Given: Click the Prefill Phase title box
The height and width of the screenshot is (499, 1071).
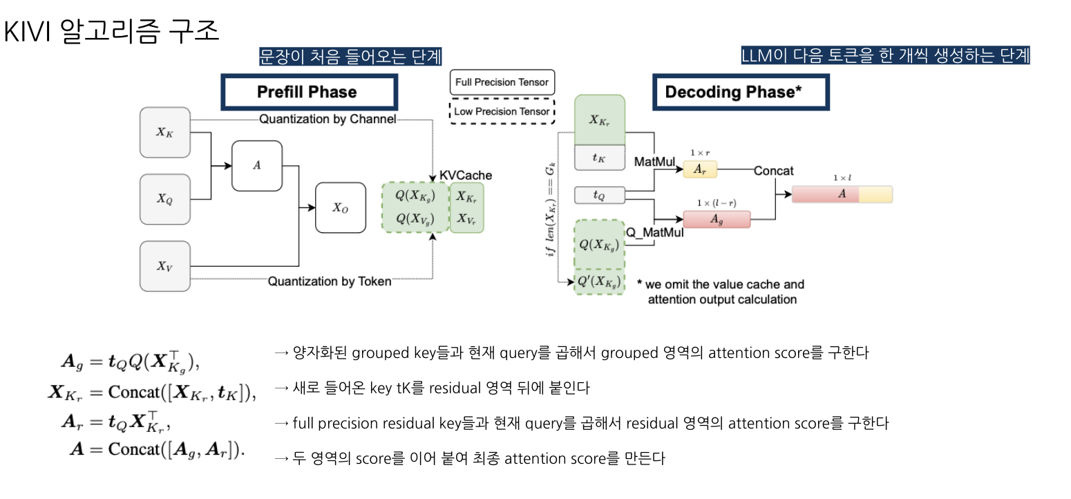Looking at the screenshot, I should click(308, 92).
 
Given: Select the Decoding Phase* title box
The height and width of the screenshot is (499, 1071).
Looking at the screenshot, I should click(741, 92).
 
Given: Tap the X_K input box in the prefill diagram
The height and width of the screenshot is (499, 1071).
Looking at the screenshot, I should click(164, 132).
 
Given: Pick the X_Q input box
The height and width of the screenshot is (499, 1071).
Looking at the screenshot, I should click(164, 199).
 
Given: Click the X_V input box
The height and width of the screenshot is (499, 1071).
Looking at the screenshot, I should click(164, 266).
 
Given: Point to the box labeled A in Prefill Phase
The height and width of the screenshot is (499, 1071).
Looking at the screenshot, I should click(257, 166).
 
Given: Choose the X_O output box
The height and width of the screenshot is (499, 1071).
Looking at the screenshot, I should click(341, 207).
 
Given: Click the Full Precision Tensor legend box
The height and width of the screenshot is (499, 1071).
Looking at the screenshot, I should click(502, 82).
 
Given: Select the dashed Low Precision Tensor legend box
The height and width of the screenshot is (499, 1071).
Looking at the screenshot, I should click(502, 111).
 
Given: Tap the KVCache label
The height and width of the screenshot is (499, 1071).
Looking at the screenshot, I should click(466, 176).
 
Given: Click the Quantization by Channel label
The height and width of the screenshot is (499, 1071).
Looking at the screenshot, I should click(328, 120).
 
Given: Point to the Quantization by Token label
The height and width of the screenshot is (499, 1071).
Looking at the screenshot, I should click(330, 281).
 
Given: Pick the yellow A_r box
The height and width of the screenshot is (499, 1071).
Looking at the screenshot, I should click(700, 170).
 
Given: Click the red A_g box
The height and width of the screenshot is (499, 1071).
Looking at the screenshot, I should click(717, 220).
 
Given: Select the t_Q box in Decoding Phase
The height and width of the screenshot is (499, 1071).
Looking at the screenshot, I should click(599, 196).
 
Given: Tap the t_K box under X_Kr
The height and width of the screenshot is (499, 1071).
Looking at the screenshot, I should click(599, 158).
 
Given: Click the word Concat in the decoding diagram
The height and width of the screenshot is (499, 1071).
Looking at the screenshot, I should click(774, 170).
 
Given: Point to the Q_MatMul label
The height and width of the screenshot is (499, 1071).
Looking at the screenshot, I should click(654, 233).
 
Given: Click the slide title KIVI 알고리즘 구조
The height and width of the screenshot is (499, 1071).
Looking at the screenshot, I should click(111, 31).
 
